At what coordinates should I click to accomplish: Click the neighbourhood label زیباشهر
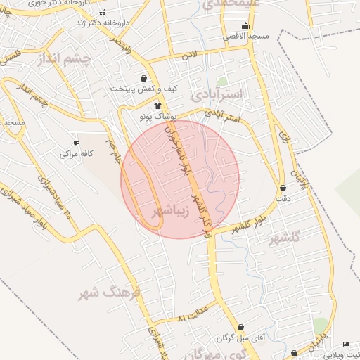pyautogui.click(x=167, y=210)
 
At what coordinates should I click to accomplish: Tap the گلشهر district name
pyautogui.click(x=283, y=238)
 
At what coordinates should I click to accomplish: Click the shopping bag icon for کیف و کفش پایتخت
pyautogui.click(x=144, y=78)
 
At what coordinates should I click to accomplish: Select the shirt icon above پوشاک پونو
pyautogui.click(x=157, y=105)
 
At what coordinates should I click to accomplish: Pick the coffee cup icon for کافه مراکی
pyautogui.click(x=77, y=143)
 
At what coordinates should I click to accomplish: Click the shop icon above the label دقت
pyautogui.click(x=283, y=188)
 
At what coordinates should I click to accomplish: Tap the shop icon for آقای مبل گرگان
pyautogui.click(x=241, y=328)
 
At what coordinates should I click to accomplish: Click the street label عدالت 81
pyautogui.click(x=194, y=314)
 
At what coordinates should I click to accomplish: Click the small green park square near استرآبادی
pyautogui.click(x=222, y=82)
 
